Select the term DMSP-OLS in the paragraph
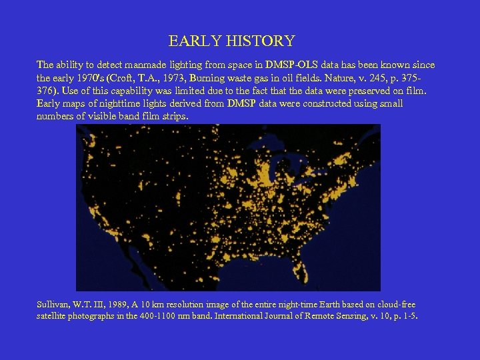(x=291, y=65)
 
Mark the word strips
(x=175, y=116)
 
